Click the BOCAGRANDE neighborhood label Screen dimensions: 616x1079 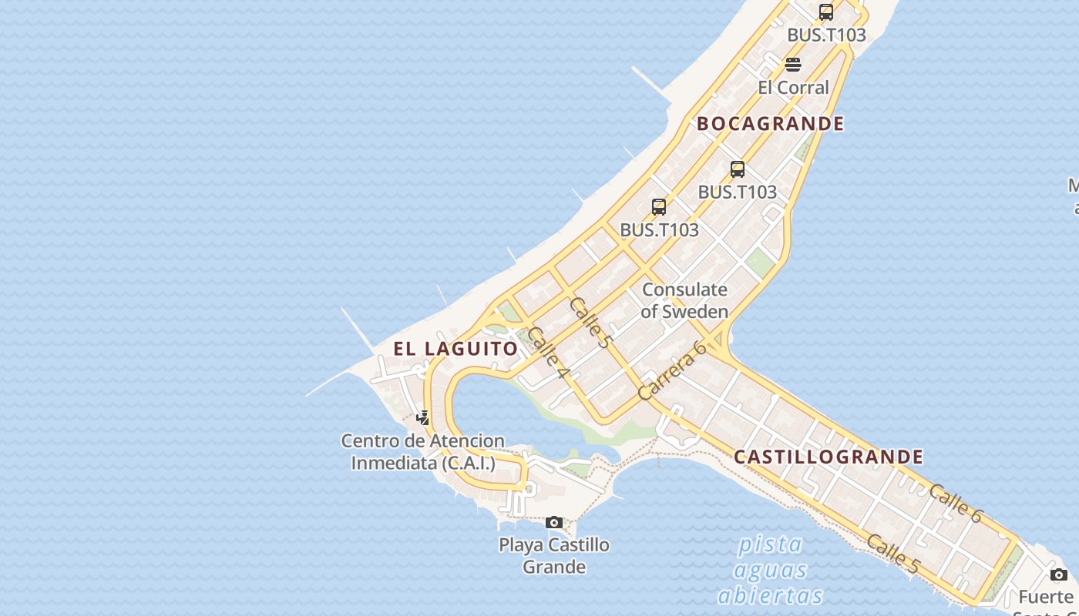pos(771,123)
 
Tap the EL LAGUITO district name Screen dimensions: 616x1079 pos(455,348)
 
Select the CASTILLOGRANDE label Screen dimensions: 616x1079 pos(829,457)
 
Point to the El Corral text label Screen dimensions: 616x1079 pos(793,87)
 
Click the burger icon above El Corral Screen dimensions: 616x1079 pos(793,64)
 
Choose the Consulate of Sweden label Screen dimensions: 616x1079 pos(684,300)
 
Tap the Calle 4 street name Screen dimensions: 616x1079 pos(548,353)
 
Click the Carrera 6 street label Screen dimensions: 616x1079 pos(673,370)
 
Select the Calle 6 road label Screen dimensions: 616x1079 pos(955,504)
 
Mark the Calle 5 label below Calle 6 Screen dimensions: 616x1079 pos(893,554)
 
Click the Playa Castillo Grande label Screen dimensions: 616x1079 pos(554,556)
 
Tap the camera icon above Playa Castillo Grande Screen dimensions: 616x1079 pos(554,523)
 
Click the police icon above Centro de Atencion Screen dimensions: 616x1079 pos(423,418)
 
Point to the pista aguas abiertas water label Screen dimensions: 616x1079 pos(771,570)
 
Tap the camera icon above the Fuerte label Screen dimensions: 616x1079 pos(1059,574)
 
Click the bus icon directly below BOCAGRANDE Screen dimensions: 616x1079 pos(738,169)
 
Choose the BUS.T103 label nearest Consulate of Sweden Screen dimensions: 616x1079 pos(660,229)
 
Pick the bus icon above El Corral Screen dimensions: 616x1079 pos(826,12)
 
